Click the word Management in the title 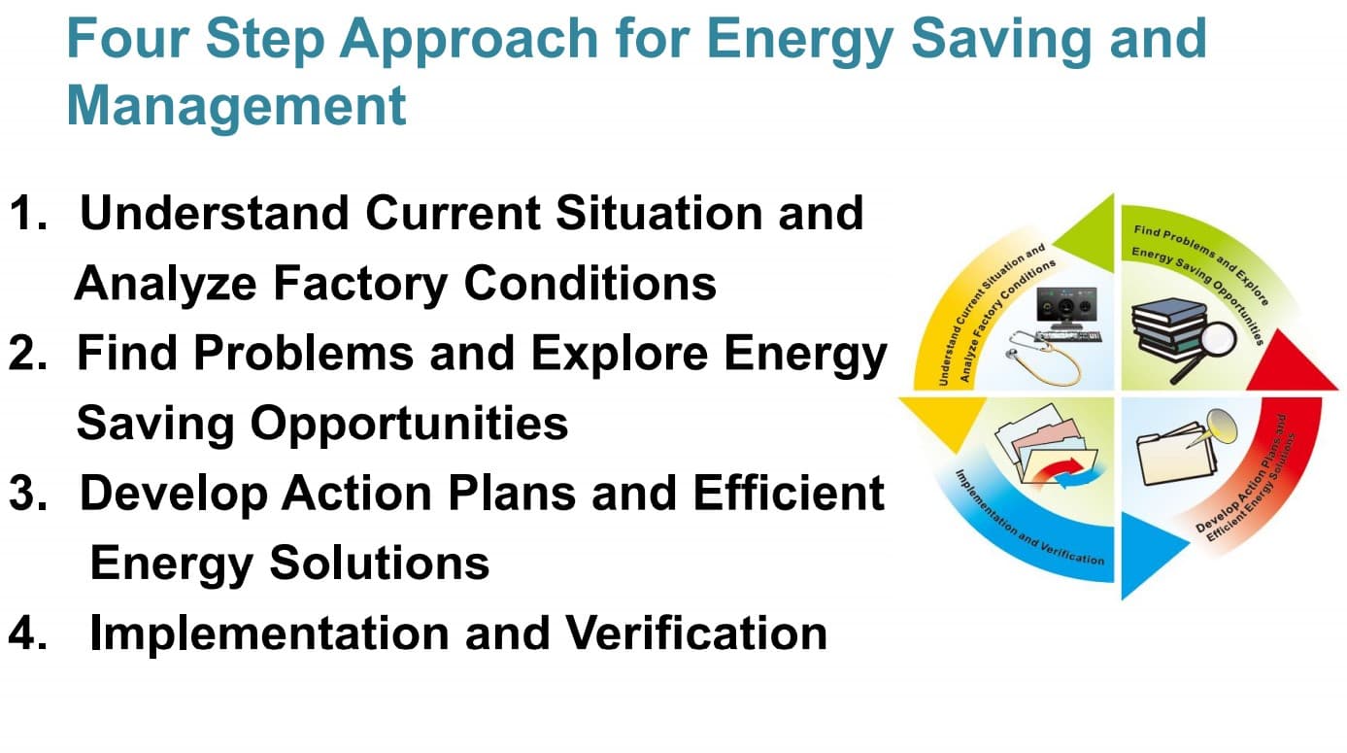coord(236,107)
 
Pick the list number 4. coord(27,633)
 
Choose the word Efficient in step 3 coord(789,494)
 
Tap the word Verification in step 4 coord(697,633)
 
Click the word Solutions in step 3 coord(380,563)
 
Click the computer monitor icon coord(1066,307)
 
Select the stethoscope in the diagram coord(1043,358)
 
